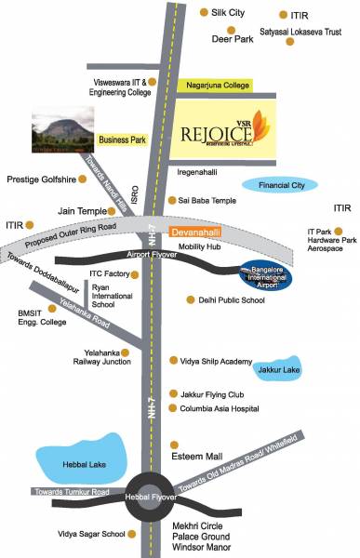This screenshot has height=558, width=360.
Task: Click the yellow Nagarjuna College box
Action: pos(214,86)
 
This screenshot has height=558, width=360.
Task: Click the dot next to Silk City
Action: pos(205,12)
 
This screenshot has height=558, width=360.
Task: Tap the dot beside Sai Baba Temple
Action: pos(171,201)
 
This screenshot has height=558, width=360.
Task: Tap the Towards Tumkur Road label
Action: pos(72,491)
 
